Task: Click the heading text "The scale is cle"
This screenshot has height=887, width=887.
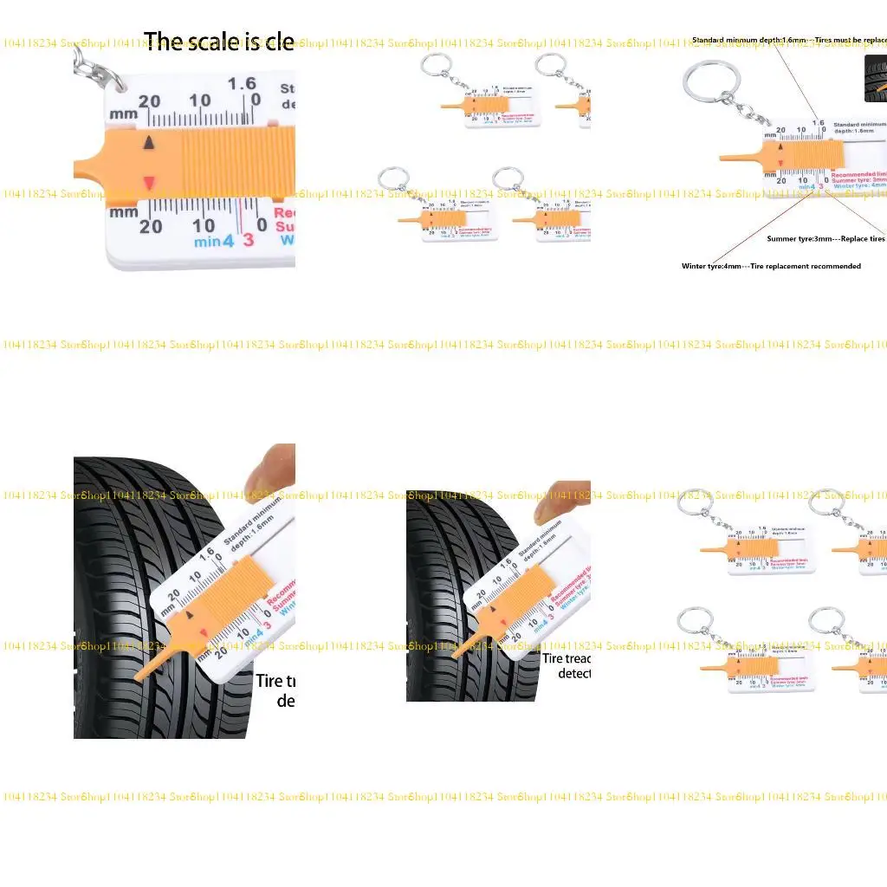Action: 218,42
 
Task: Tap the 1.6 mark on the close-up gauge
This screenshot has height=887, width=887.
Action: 242,83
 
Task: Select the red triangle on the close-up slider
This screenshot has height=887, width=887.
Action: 149,181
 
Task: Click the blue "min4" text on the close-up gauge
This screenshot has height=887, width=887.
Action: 214,242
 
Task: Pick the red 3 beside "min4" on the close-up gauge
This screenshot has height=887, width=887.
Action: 249,240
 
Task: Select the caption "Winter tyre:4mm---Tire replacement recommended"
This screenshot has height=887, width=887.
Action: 771,266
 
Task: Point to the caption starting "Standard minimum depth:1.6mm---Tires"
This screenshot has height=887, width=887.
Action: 788,40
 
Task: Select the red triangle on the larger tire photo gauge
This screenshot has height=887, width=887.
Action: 204,635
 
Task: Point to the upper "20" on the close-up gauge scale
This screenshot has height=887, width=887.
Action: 149,101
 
